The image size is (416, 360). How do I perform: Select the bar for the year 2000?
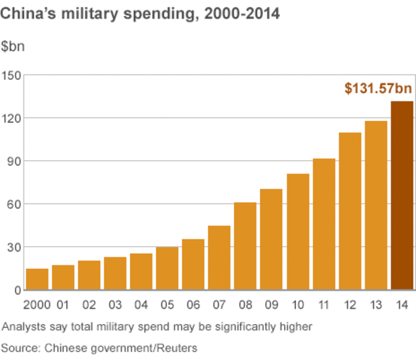pos(37,279)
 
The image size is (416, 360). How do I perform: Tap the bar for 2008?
pos(245,246)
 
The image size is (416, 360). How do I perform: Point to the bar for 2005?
pos(167,269)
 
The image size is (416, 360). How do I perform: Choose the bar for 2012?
pos(350,211)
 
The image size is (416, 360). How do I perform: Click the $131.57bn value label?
pos(378,88)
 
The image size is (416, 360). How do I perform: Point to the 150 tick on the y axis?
pos(11,75)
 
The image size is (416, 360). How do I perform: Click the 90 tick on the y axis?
pos(13,161)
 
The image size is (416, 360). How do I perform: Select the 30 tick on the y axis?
pos(13,247)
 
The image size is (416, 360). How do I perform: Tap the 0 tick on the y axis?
pos(17,290)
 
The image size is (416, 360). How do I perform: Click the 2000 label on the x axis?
pos(37,305)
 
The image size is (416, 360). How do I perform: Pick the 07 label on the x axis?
pos(219,305)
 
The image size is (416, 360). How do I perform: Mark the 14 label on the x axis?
pos(402,305)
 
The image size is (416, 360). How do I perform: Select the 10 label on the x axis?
pos(298,305)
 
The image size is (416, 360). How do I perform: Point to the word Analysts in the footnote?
pos(23,327)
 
